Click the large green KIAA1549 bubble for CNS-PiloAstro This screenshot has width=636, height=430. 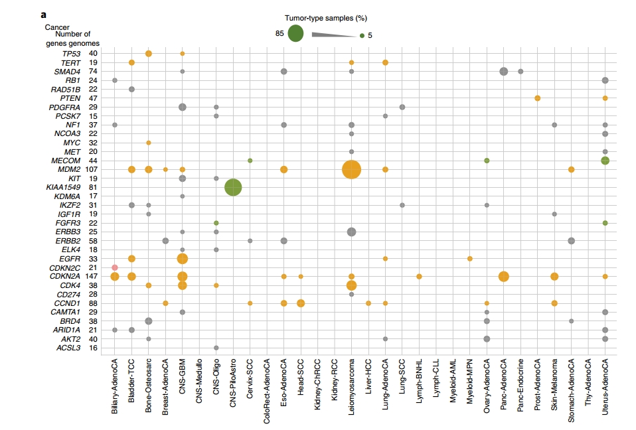pyautogui.click(x=233, y=188)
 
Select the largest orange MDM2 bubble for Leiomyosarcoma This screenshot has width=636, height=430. pyautogui.click(x=351, y=170)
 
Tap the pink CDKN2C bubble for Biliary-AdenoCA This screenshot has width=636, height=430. pyautogui.click(x=115, y=267)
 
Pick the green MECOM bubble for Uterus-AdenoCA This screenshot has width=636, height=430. pyautogui.click(x=605, y=161)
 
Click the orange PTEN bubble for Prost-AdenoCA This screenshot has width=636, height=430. pyautogui.click(x=537, y=98)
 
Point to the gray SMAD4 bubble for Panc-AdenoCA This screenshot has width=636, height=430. pyautogui.click(x=503, y=72)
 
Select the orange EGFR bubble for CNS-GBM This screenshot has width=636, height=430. pyautogui.click(x=183, y=259)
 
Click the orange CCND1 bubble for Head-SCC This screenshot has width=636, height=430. pyautogui.click(x=301, y=303)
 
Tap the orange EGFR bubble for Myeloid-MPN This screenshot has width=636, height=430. pyautogui.click(x=469, y=259)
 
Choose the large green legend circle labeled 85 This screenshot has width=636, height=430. pyautogui.click(x=295, y=34)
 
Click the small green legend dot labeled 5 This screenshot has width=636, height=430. pyautogui.click(x=362, y=36)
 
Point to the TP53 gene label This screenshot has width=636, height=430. pyautogui.click(x=71, y=54)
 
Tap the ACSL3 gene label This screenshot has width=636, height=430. pyautogui.click(x=69, y=348)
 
